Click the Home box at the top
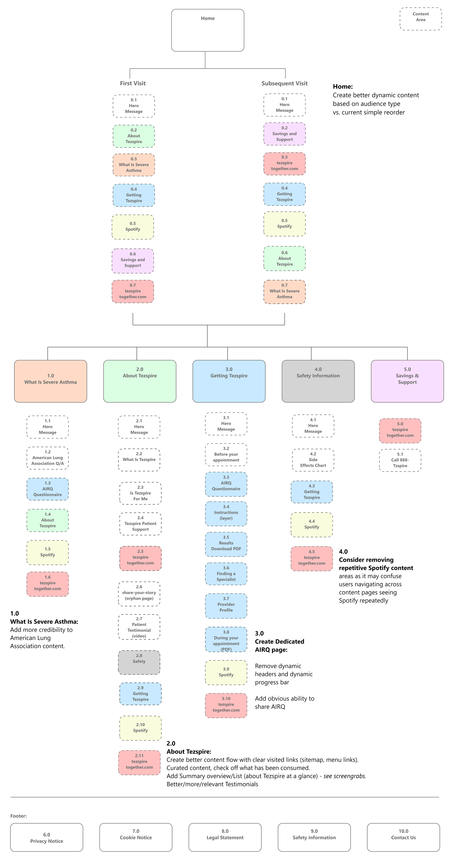coord(208,30)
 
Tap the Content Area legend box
coord(421,19)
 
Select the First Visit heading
coord(133,83)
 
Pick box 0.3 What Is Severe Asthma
coord(134,165)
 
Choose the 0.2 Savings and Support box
coord(284,134)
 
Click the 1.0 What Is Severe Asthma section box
coord(51,381)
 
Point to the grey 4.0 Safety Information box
coord(318,381)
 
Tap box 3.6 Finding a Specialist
coord(226,574)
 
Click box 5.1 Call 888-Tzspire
coord(400,460)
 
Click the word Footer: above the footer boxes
coord(18,816)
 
